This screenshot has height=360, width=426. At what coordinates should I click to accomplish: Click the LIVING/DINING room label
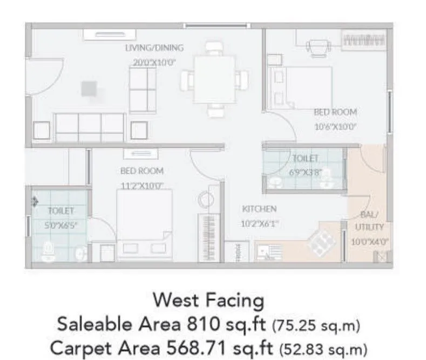(154, 47)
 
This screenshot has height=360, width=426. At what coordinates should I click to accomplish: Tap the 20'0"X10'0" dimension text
(154, 62)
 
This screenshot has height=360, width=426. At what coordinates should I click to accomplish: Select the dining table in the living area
(214, 79)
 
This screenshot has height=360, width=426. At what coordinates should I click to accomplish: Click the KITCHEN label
(259, 209)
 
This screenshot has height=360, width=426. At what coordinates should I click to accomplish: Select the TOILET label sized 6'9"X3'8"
(305, 159)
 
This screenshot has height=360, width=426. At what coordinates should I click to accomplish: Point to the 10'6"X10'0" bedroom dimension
(335, 127)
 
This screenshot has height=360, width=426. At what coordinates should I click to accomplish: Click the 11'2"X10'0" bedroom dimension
(142, 186)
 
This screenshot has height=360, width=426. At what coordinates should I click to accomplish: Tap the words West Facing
(208, 300)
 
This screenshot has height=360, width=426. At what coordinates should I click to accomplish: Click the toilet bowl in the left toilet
(49, 249)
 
